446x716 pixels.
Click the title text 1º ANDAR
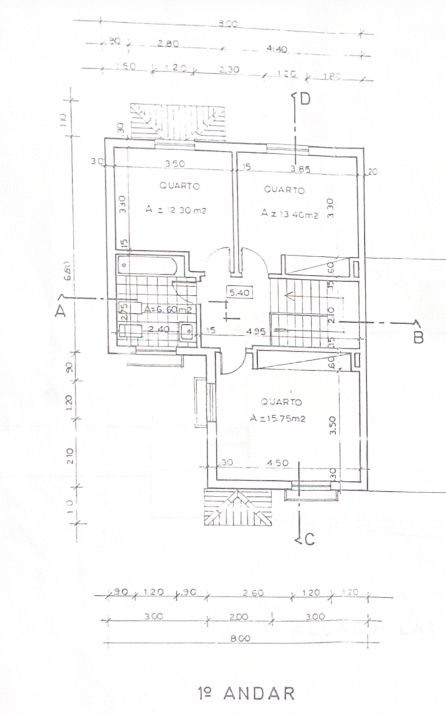pyautogui.click(x=247, y=693)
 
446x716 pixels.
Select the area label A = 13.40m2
pyautogui.click(x=290, y=214)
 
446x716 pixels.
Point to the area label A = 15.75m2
pyautogui.click(x=278, y=419)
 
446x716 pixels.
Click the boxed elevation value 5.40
pyautogui.click(x=239, y=292)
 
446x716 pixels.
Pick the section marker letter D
pyautogui.click(x=305, y=99)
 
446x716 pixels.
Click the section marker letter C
pyautogui.click(x=309, y=540)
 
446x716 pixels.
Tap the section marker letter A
pyautogui.click(x=61, y=311)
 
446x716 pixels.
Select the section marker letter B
pyautogui.click(x=418, y=337)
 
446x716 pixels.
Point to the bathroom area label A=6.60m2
pyautogui.click(x=168, y=310)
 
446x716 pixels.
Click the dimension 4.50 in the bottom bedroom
pyautogui.click(x=277, y=463)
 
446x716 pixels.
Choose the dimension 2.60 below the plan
pyautogui.click(x=253, y=593)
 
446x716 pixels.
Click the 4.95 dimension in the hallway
pyautogui.click(x=256, y=332)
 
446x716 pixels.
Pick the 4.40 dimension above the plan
pyautogui.click(x=277, y=50)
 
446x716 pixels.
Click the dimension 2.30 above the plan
pyautogui.click(x=229, y=70)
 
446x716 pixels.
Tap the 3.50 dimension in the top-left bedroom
pyautogui.click(x=174, y=163)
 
